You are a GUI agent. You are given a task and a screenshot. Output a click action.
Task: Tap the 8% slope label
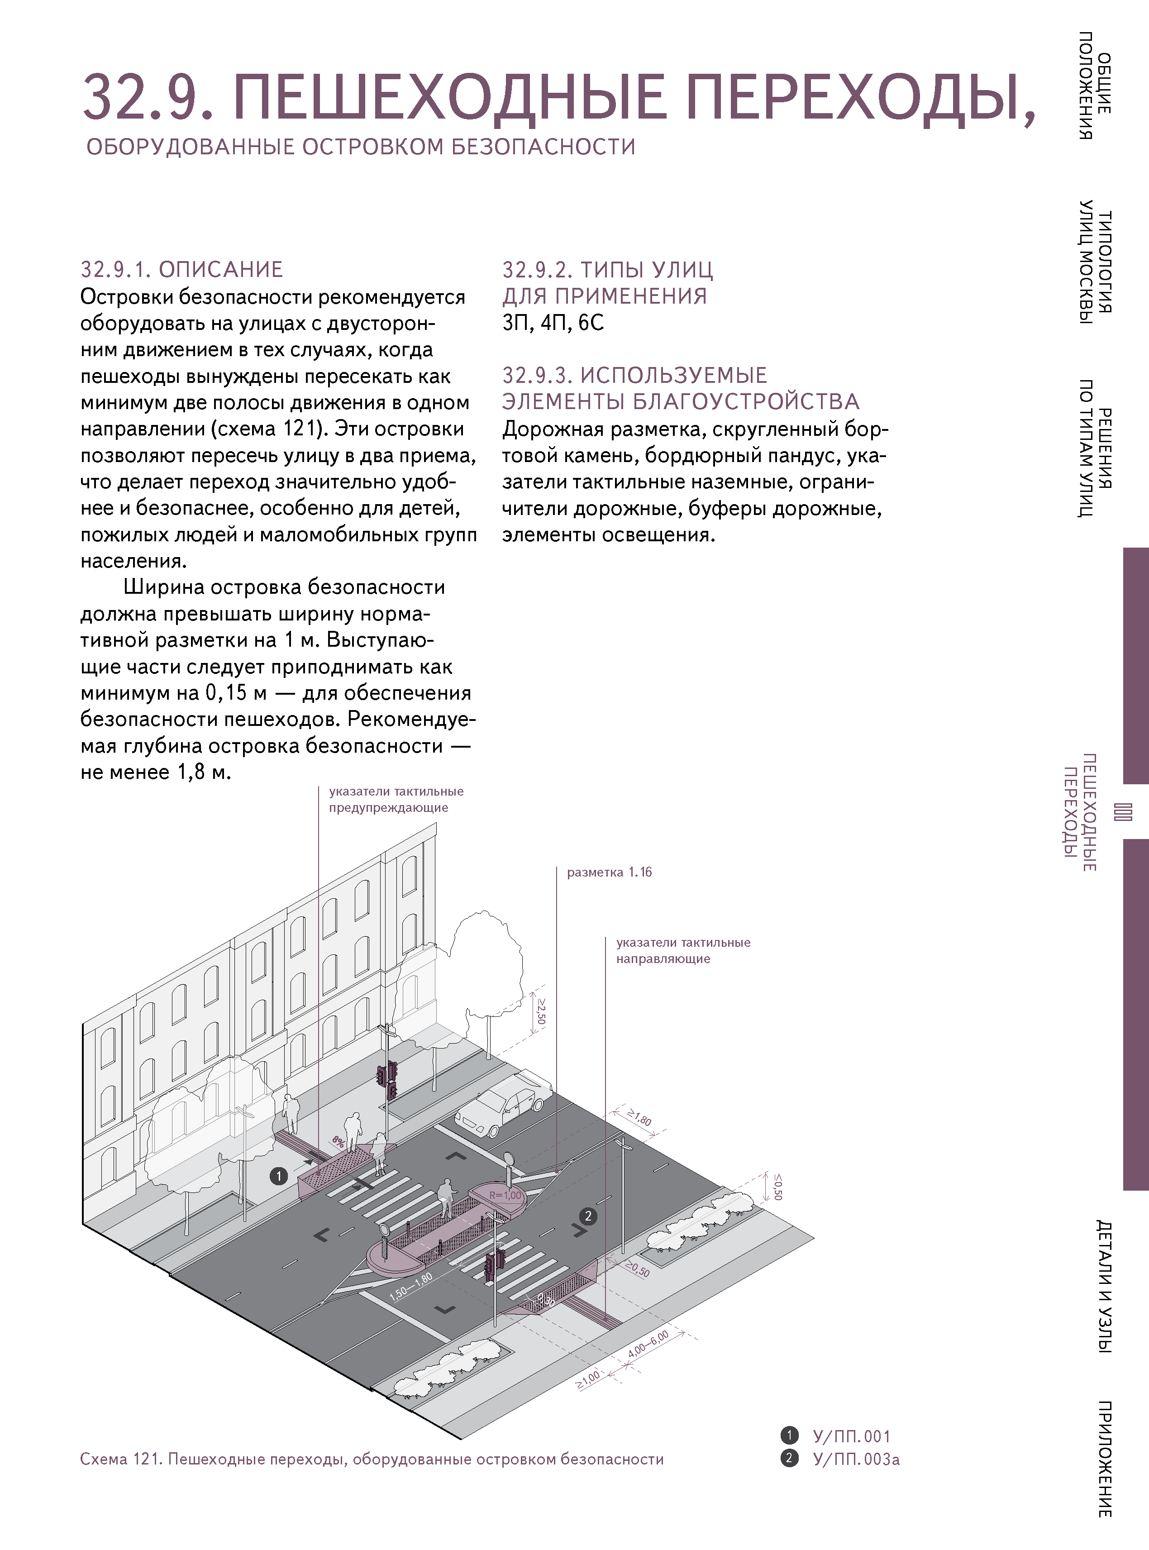pos(339,1142)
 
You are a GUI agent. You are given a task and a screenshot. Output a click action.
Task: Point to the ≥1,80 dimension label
pos(639,1119)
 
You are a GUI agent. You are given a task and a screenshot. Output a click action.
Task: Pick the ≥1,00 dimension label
pos(588,1379)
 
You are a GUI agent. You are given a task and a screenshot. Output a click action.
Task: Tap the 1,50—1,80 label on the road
pos(411,1286)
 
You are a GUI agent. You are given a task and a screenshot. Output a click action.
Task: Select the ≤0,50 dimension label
pos(777,1187)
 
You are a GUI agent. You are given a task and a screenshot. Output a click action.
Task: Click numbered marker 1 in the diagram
pos(279,1176)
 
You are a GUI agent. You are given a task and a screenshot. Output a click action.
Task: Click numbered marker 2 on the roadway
pos(588,1216)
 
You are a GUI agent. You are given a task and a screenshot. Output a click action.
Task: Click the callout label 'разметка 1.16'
pos(609,873)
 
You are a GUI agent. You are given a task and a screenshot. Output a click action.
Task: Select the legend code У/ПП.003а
pos(855,1459)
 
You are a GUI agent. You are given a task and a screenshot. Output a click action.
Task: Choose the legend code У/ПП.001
pos(851,1436)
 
